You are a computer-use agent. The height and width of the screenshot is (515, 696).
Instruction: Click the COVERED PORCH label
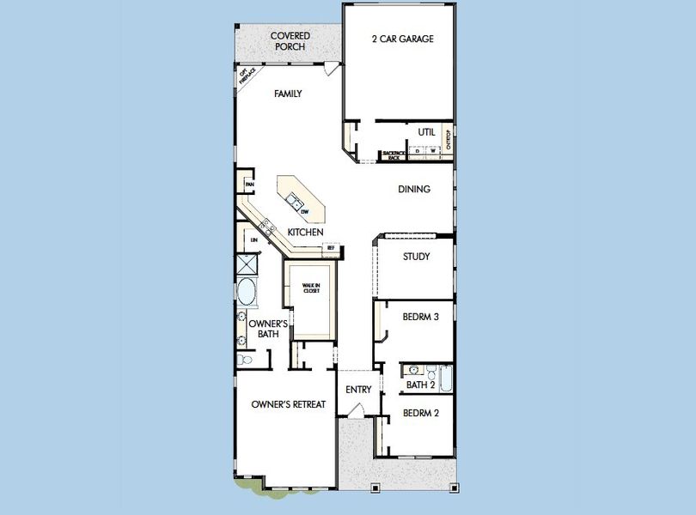coord(290,40)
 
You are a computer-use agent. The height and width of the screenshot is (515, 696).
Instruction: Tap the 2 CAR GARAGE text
coord(402,39)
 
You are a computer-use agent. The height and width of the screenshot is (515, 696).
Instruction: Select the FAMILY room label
coord(288,94)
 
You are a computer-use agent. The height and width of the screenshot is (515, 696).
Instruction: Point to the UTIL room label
coord(426,132)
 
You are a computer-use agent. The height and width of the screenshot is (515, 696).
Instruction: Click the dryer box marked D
coord(417,151)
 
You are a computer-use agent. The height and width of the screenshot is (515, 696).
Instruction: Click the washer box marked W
coord(432,151)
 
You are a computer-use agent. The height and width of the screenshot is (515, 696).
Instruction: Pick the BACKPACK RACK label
coord(394,155)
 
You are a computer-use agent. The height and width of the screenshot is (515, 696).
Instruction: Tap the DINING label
coord(413,189)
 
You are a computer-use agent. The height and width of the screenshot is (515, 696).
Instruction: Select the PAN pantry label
coord(249,184)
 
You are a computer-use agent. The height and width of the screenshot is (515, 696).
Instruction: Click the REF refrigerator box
coord(330,248)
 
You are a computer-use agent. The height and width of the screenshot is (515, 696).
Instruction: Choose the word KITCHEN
coord(305,233)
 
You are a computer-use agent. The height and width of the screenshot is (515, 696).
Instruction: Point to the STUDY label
coord(416,256)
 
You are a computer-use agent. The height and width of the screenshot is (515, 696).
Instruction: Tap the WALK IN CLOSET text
coord(310,288)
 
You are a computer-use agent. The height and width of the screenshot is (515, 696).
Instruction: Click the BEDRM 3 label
coord(421,317)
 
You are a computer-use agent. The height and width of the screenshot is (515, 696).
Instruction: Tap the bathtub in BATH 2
coord(445,378)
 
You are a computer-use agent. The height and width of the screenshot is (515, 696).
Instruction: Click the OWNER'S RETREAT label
coord(288,404)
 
